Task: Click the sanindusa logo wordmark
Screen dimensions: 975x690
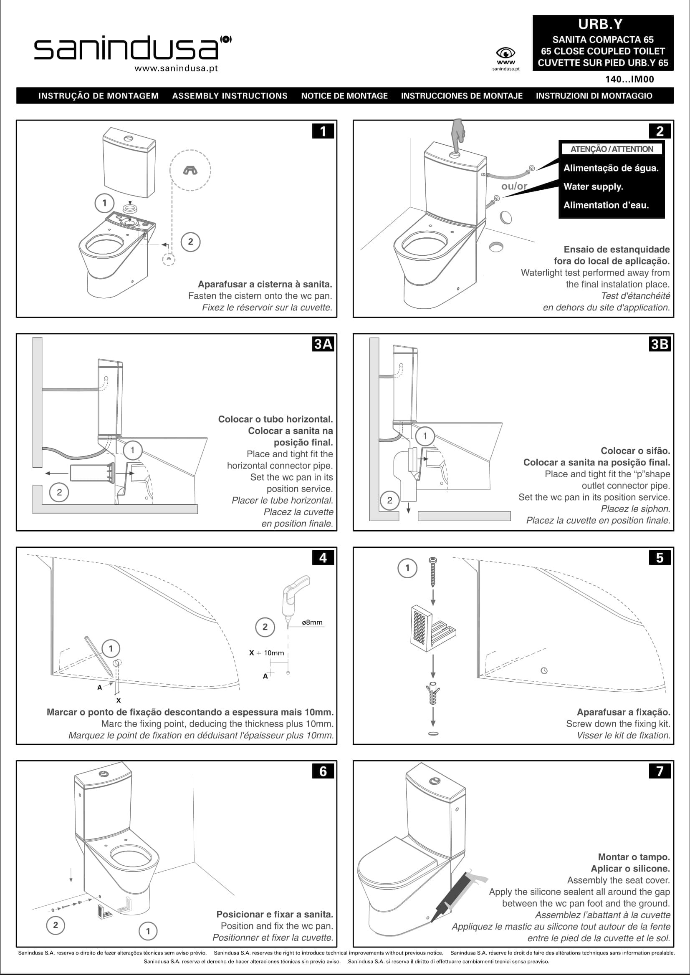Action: (x=126, y=49)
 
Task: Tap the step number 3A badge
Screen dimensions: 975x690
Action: (x=323, y=343)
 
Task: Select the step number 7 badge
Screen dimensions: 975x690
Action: (x=660, y=770)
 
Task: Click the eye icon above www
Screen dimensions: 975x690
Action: (x=505, y=53)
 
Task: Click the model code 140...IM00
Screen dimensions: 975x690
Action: (x=629, y=79)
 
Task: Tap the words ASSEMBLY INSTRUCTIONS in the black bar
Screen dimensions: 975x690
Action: (x=230, y=96)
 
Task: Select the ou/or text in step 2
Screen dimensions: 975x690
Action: (x=514, y=186)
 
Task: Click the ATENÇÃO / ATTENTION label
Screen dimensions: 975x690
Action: (x=612, y=149)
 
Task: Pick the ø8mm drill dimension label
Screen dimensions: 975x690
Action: (x=312, y=622)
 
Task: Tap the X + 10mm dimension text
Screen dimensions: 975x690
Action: (x=266, y=653)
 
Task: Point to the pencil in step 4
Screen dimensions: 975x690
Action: (x=98, y=656)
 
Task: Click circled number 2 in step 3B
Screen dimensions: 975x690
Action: (x=389, y=500)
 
